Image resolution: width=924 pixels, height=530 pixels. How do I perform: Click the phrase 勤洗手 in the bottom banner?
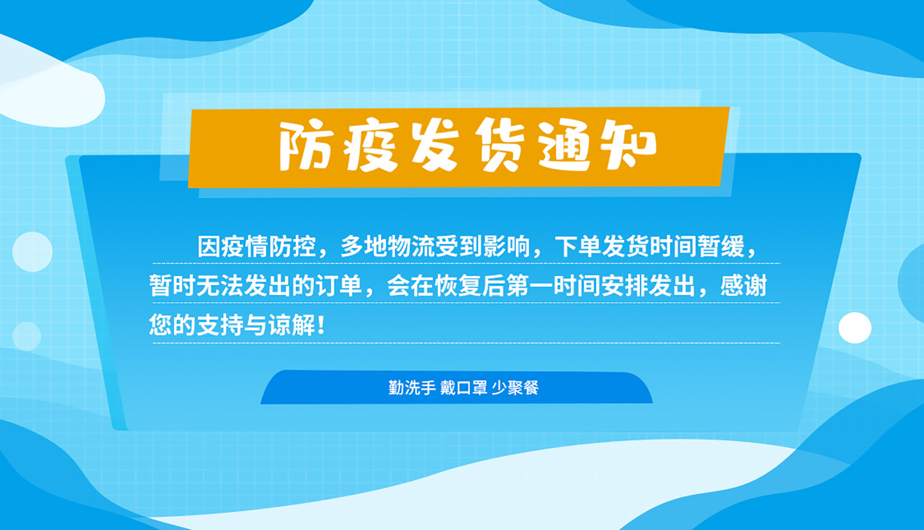coord(412,388)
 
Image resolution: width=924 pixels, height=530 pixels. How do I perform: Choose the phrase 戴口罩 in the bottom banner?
coord(463,388)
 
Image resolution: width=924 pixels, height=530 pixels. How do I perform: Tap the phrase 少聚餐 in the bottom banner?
coord(515,388)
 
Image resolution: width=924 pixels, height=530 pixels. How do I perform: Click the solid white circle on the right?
coord(855,328)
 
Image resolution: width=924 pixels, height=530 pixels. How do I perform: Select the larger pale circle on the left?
coord(32,252)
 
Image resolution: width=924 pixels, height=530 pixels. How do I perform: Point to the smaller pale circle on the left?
coord(26,336)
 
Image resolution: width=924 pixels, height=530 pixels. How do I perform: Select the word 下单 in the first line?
coord(578,247)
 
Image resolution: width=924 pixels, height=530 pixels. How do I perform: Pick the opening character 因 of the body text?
coord(209,247)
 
